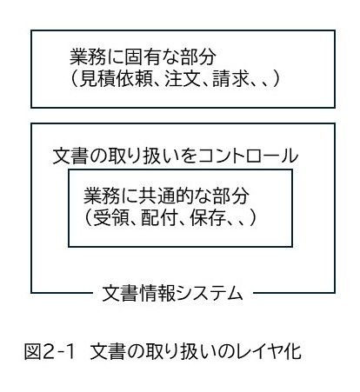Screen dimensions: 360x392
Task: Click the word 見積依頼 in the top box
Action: point(117,78)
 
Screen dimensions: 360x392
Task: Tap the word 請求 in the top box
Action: point(230,78)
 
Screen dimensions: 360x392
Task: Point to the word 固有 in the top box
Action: point(143,56)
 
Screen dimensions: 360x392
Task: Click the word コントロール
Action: point(248,156)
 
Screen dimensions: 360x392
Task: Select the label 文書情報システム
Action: point(172,293)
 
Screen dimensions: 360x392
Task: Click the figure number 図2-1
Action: point(50,351)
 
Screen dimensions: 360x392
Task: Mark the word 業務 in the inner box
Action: point(102,196)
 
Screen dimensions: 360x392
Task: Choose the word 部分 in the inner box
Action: point(230,196)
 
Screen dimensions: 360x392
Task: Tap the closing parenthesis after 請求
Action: point(276,78)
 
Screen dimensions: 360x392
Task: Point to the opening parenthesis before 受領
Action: point(88,217)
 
